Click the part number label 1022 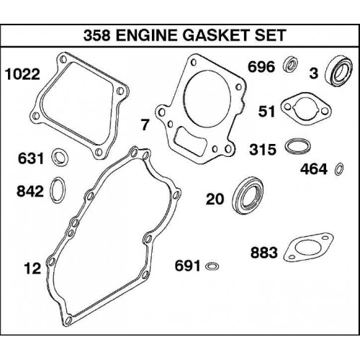point(22,74)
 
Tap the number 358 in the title point(97,35)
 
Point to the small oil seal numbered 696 point(290,64)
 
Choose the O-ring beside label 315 point(287,145)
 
